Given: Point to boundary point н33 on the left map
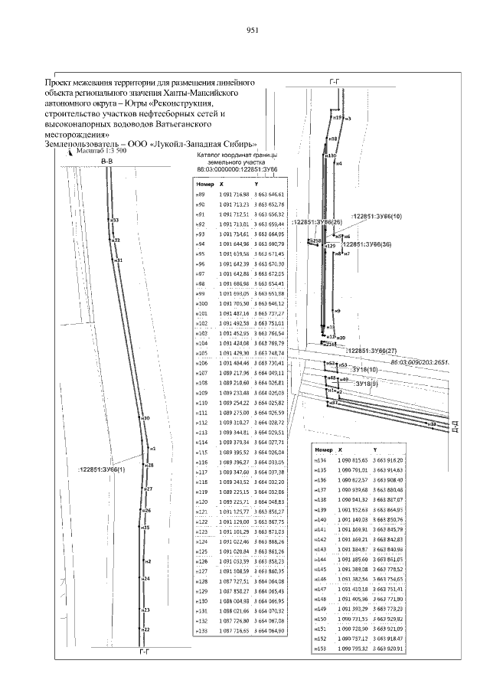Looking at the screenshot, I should click(x=115, y=221).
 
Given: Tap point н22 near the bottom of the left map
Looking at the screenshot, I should click(x=145, y=629).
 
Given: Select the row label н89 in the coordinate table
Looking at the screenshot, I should click(x=201, y=195).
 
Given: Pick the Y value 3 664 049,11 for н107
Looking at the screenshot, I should click(x=269, y=372).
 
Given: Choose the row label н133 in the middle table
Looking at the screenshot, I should click(x=202, y=629).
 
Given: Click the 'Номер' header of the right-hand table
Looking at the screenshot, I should click(x=324, y=450).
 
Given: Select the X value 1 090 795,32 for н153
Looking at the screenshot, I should click(x=353, y=649).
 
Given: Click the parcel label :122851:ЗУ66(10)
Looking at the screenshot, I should click(x=375, y=217).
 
